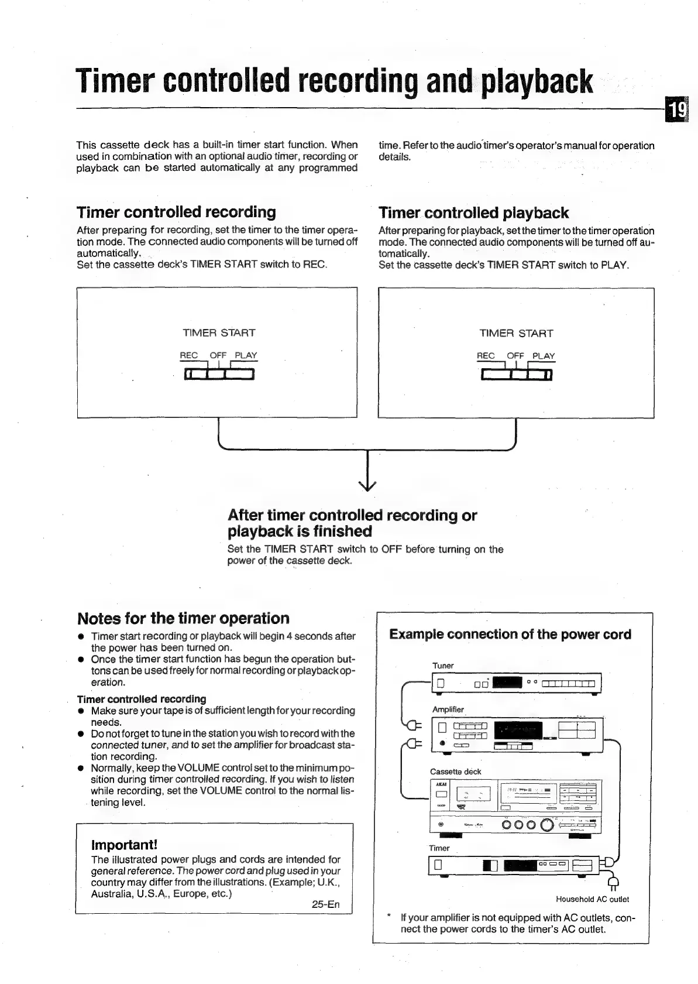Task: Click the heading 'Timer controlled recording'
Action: [x=176, y=212]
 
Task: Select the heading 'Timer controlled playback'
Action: [x=473, y=213]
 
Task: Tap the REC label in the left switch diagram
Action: [x=188, y=355]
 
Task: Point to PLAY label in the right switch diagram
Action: [x=544, y=356]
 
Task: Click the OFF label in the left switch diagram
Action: [x=218, y=355]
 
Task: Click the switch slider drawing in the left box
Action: [x=219, y=374]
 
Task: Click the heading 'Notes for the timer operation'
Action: [x=183, y=619]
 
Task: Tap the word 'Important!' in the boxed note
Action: [x=124, y=845]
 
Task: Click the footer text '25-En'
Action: [x=325, y=904]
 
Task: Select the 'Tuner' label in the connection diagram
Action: [x=443, y=666]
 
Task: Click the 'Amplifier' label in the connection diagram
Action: [x=448, y=709]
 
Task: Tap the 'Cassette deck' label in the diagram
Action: [x=455, y=772]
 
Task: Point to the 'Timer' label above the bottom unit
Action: [x=439, y=848]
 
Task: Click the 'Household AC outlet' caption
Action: [x=592, y=899]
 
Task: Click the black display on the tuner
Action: [x=507, y=683]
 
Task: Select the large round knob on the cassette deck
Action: [x=547, y=825]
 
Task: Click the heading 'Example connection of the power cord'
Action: [x=510, y=635]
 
